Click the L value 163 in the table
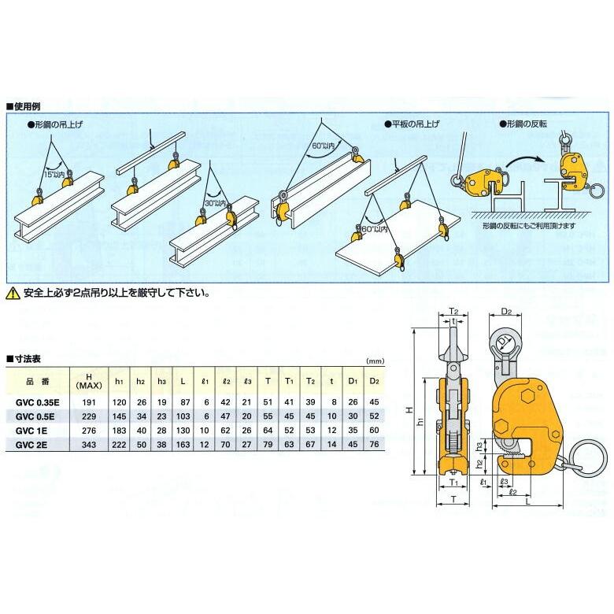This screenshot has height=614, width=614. pos(183,446)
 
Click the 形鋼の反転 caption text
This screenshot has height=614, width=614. pos(527,124)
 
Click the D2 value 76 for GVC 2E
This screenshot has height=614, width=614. pos(373,446)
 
